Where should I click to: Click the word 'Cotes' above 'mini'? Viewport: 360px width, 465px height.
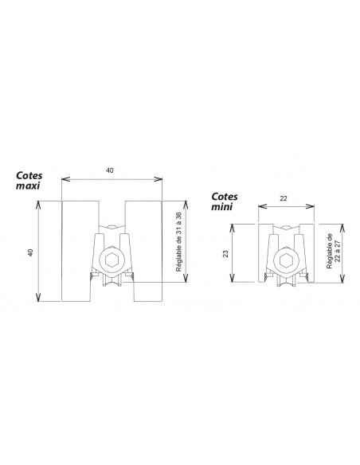(x=226, y=195)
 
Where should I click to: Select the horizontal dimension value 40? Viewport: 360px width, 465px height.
(x=110, y=171)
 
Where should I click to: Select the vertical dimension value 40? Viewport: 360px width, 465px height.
(x=30, y=252)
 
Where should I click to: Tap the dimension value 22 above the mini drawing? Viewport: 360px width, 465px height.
(x=286, y=198)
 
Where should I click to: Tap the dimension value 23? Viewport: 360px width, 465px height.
(x=226, y=254)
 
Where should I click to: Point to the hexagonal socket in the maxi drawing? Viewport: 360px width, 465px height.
(x=111, y=260)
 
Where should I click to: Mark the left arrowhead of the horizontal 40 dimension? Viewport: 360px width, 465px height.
(x=65, y=178)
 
